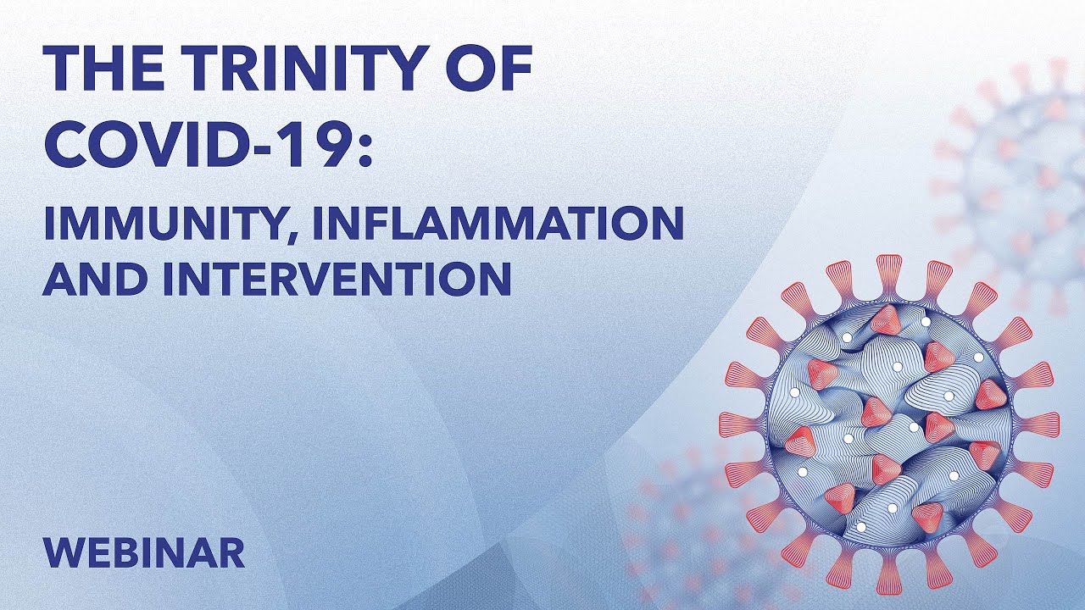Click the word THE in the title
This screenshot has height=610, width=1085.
(103, 69)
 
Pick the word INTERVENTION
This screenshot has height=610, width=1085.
(337, 279)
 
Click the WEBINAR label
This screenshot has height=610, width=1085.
(144, 552)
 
